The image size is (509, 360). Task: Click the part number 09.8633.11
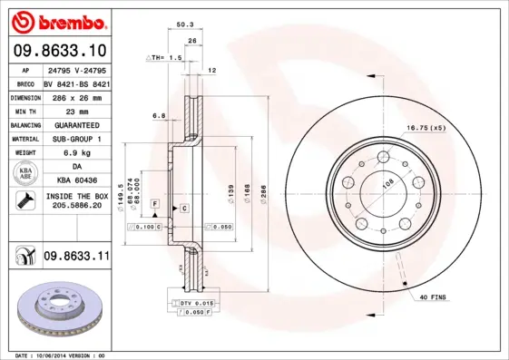76,258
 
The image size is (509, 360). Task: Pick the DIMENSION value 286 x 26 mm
76,95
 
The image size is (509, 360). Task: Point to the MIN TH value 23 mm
75,110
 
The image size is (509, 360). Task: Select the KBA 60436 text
75,180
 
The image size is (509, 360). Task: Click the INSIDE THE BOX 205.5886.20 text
76,201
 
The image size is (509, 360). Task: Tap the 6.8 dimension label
158,115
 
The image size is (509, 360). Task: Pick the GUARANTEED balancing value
75,124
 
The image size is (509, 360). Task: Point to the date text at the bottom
61,355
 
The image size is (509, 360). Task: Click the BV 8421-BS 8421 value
76,82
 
